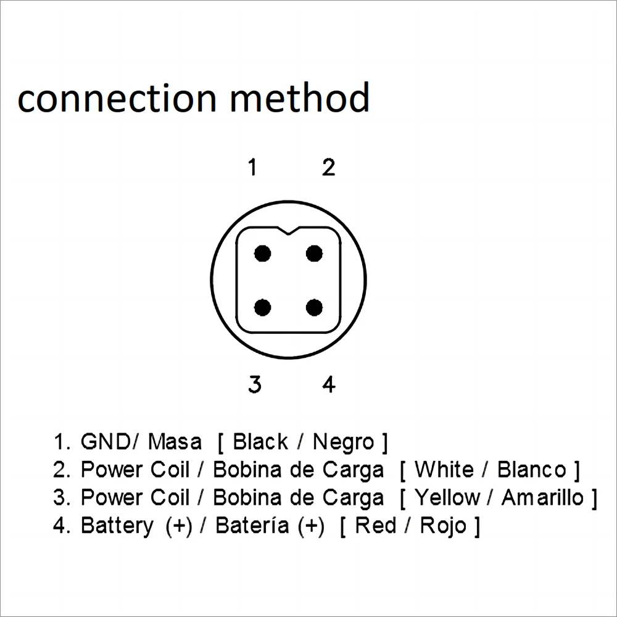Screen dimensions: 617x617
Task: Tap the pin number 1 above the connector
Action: pos(252,167)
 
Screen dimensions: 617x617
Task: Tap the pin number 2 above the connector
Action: pos(328,167)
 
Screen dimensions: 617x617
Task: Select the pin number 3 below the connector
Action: pos(254,384)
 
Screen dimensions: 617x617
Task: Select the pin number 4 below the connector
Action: pos(329,384)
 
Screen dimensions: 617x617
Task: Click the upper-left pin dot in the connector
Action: pos(263,253)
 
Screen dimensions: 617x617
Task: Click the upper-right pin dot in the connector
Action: pos(315,253)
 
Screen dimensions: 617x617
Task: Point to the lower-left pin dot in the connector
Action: pos(263,307)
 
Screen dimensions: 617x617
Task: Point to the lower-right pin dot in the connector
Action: pos(315,307)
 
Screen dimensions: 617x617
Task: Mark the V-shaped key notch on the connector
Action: pos(288,231)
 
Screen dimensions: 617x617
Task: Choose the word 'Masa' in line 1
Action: pos(175,442)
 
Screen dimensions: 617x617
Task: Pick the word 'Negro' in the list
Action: pos(344,442)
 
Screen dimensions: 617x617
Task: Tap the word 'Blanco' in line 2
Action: pos(531,470)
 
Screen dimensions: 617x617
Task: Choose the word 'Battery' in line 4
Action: pos(117,526)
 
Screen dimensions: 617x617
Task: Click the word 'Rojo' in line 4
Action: pos(443,526)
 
